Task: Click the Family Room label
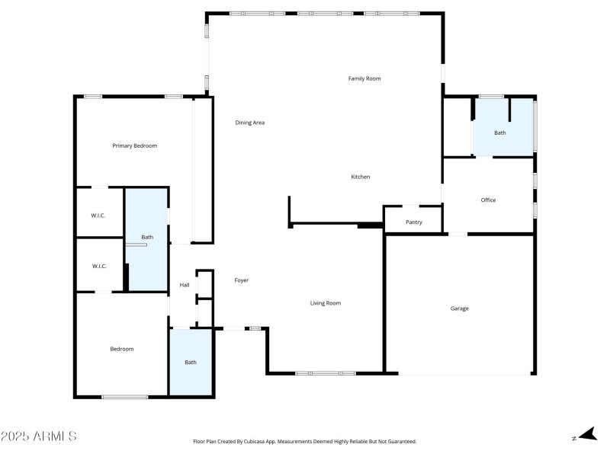(x=364, y=78)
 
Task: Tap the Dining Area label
(x=249, y=123)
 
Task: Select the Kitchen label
(x=360, y=177)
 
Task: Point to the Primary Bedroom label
(x=134, y=145)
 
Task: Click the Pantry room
(x=413, y=222)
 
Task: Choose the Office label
(x=488, y=200)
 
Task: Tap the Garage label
(x=459, y=308)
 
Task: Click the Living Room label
(x=326, y=303)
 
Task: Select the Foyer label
(x=241, y=280)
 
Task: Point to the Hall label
(x=184, y=285)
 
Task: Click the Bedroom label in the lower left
(x=121, y=349)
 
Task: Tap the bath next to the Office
(x=499, y=133)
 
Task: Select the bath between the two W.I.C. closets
(x=146, y=237)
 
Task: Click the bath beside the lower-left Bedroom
(x=191, y=362)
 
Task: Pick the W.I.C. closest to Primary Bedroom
(x=98, y=216)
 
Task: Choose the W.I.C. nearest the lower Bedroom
(x=98, y=266)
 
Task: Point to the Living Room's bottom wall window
(x=326, y=373)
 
